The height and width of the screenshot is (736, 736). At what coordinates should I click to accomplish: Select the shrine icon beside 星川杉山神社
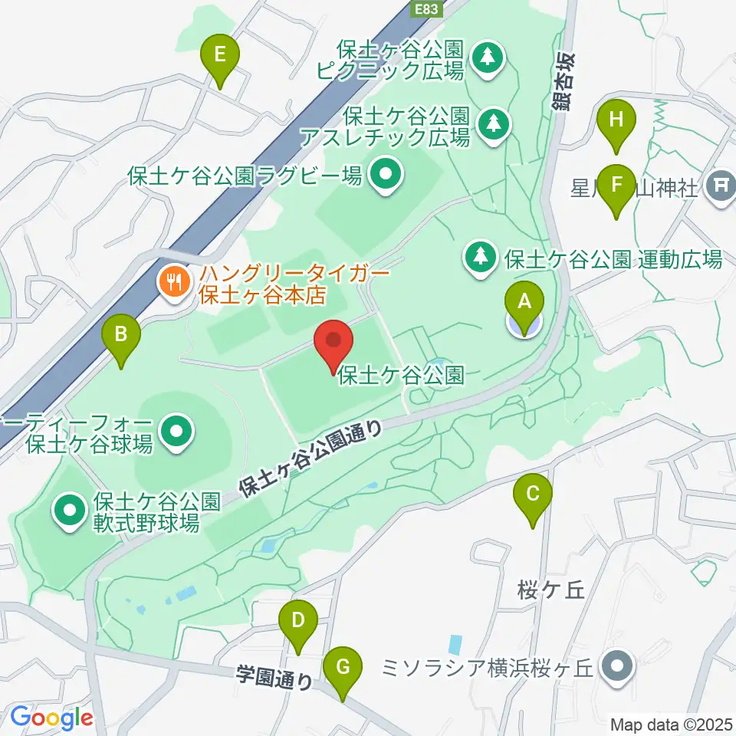720,185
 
